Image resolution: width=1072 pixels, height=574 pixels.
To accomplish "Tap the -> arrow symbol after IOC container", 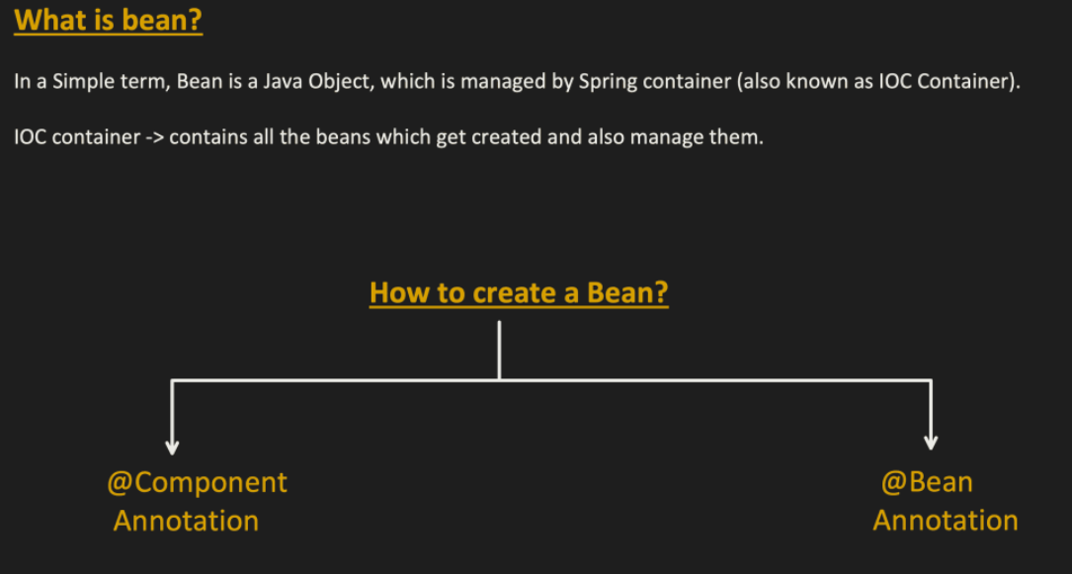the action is pos(155,137).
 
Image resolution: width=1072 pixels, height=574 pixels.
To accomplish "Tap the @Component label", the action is pos(197,482).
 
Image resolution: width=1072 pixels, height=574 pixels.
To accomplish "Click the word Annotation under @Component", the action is pos(186,521).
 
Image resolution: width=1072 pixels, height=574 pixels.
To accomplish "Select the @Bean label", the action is pos(927,482).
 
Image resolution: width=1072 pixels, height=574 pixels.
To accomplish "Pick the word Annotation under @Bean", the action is pos(945,521).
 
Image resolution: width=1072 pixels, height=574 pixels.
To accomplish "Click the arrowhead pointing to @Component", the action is pos(173,447).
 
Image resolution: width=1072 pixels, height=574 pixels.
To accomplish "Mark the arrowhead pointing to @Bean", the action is pos(930,442).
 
